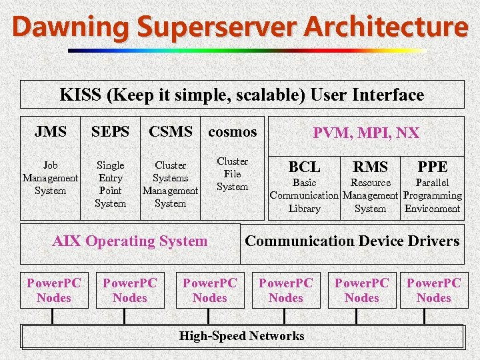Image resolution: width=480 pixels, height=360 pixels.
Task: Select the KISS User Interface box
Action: pos(241,95)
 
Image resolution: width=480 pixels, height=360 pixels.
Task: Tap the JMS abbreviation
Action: pos(51,132)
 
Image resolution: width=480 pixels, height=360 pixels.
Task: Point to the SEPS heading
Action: pos(110,132)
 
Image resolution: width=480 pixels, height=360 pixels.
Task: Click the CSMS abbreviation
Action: pos(171,132)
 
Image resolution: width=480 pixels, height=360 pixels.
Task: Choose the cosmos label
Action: pos(232,132)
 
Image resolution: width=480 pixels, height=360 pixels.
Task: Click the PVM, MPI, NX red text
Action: pos(366,133)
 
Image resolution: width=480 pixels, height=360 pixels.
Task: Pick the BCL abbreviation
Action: pos(304,167)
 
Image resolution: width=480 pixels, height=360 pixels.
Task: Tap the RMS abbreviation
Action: pos(370,167)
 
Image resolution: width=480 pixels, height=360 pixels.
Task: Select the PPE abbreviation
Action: pos(432,167)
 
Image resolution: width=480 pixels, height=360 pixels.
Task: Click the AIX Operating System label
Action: pos(129,241)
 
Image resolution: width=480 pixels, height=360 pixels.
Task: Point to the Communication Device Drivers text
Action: pos(352,241)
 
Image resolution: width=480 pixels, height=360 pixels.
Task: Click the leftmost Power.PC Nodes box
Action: pos(54,291)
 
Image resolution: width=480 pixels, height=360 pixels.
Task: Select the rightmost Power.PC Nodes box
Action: pos(434,291)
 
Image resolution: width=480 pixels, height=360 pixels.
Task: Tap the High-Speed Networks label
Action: pos(241,336)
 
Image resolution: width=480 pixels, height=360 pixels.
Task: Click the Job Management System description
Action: pos(51,178)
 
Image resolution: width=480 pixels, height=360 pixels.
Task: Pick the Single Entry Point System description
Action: pos(110,184)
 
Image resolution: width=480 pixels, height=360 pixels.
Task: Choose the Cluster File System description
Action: pos(232,174)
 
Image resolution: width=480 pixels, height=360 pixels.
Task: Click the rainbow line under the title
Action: pos(247,50)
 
